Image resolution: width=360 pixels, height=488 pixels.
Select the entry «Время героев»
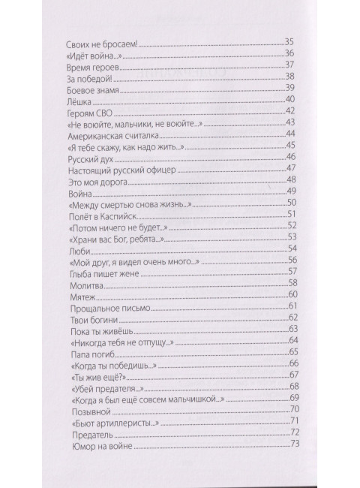pyautogui.click(x=88, y=66)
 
